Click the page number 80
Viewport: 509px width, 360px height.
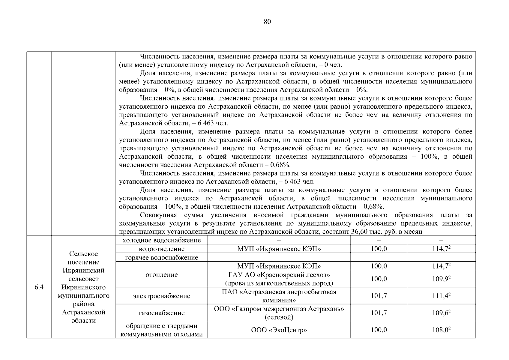coord(267,22)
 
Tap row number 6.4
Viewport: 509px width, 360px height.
coord(39,287)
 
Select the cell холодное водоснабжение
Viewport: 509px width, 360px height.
coord(162,240)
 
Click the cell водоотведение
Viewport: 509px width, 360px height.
coord(162,249)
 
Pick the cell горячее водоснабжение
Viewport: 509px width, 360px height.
coord(162,257)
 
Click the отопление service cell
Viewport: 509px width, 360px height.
coord(162,274)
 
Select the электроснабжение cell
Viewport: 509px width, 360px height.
coord(162,296)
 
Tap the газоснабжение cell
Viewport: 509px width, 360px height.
coord(162,313)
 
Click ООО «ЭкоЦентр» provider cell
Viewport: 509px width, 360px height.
coord(279,330)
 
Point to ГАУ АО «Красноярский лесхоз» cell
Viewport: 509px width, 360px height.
coord(279,279)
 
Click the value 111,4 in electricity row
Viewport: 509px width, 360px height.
coord(441,296)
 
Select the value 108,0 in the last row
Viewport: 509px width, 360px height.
coord(441,330)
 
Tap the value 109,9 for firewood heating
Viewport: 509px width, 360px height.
coord(441,279)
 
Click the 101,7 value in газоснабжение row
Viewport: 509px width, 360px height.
coord(379,313)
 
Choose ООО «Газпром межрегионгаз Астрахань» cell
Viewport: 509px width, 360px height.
coord(279,313)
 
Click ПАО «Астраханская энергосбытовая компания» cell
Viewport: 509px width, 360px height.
coord(279,296)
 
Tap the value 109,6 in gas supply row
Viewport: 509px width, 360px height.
coord(441,313)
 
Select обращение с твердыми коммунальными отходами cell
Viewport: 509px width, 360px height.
coord(162,330)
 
